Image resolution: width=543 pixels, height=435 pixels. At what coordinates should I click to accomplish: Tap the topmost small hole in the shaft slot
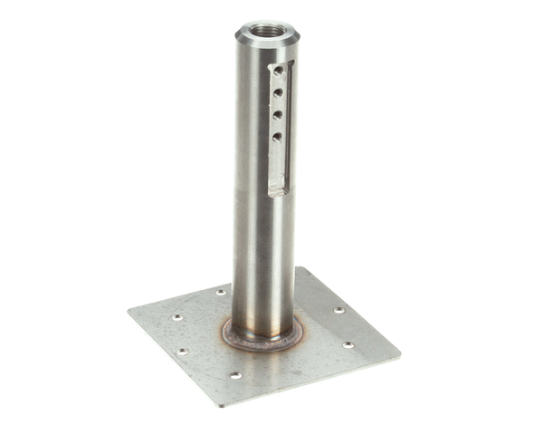pyautogui.click(x=278, y=70)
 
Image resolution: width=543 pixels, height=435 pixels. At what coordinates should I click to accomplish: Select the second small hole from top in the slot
pyautogui.click(x=278, y=92)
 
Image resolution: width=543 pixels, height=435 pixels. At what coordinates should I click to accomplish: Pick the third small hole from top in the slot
pyautogui.click(x=278, y=114)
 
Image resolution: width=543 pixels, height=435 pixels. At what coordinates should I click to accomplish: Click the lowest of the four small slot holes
pyautogui.click(x=277, y=137)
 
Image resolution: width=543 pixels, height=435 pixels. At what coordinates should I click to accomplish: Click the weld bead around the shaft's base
pyautogui.click(x=262, y=339)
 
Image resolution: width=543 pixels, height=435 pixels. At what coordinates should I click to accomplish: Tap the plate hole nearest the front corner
pyautogui.click(x=235, y=375)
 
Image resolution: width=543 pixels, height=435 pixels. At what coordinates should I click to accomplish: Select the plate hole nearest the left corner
pyautogui.click(x=177, y=317)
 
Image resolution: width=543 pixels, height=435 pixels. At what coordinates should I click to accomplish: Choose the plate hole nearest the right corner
pyautogui.click(x=348, y=344)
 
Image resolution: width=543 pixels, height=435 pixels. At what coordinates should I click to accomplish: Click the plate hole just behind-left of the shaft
pyautogui.click(x=220, y=293)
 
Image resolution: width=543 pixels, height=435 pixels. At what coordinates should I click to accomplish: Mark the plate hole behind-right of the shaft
pyautogui.click(x=338, y=310)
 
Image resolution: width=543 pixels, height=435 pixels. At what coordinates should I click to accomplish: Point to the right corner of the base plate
pyautogui.click(x=399, y=352)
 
